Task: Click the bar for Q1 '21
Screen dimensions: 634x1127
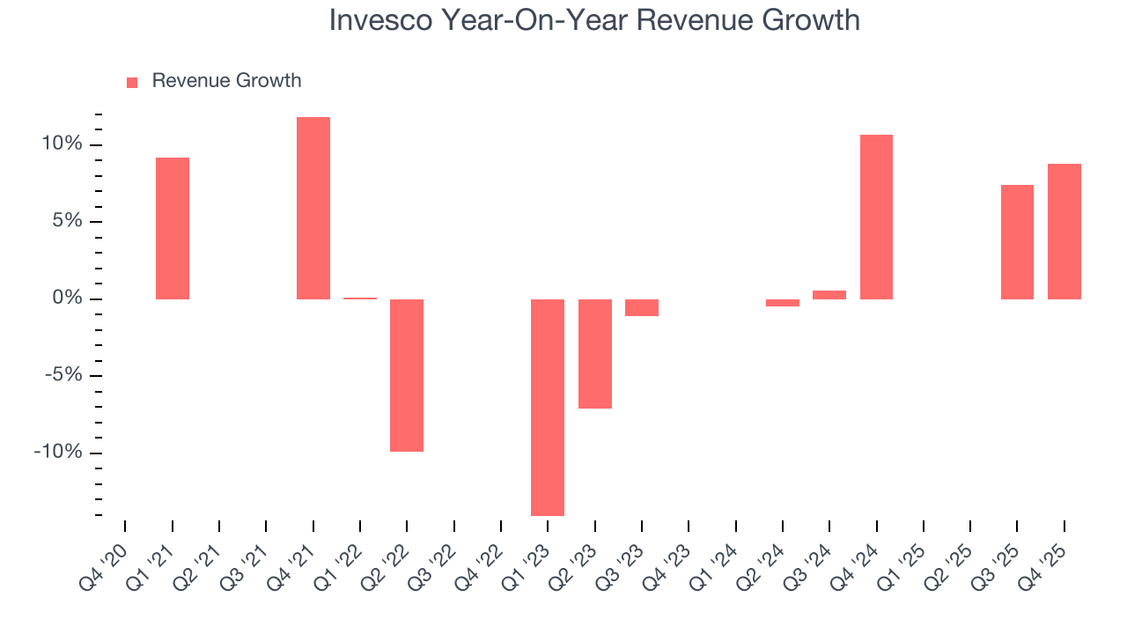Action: point(173,228)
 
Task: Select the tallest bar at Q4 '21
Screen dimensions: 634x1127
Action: point(313,208)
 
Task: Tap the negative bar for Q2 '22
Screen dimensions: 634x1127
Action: point(407,375)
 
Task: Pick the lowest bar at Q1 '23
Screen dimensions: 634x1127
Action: point(548,407)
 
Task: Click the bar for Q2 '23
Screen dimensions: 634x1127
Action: point(595,353)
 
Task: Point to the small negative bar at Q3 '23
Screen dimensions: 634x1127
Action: point(642,307)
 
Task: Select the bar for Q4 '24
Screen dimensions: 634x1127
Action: point(876,217)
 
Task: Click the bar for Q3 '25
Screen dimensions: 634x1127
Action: point(1017,242)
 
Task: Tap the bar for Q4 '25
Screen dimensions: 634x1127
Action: point(1064,232)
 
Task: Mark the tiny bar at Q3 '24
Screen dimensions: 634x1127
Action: point(829,295)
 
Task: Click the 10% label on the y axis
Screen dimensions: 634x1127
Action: point(62,144)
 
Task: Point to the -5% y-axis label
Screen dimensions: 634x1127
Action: point(62,376)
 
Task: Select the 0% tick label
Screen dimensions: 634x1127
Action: point(67,299)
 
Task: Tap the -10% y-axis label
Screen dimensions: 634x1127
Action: point(58,453)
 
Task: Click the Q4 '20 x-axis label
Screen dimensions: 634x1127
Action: point(105,558)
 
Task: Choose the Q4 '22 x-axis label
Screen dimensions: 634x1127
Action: point(481,558)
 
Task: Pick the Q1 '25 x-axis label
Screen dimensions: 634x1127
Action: point(903,558)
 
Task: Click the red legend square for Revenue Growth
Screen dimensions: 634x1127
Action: point(132,82)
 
